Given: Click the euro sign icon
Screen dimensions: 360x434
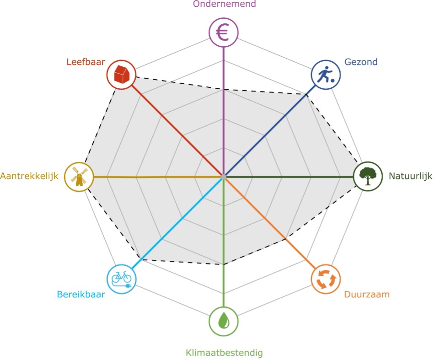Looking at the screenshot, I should coord(223,33).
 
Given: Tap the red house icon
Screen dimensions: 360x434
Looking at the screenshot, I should coord(121,74).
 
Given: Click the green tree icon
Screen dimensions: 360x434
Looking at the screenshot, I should coord(368,176).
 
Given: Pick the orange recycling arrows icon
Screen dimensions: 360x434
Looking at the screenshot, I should coord(326,279).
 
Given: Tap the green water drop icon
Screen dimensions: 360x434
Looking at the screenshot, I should coord(223,320).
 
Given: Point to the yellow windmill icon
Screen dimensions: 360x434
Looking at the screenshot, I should coord(79,177).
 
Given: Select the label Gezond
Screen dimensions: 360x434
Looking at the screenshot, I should coord(361,62).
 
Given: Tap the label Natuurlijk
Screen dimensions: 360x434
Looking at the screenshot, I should coord(410,176).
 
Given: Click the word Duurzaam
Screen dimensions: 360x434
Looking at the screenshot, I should coord(367,294).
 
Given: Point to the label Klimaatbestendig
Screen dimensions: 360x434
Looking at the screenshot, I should coord(224,353).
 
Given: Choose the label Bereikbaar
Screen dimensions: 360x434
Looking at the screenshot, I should coord(81,295).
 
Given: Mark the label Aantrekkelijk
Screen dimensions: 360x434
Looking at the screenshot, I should coord(30,176).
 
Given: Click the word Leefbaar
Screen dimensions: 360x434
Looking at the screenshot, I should coord(86,61).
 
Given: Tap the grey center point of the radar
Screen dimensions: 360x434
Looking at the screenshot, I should coord(223,177).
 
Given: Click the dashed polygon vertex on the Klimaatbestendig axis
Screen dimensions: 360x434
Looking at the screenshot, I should coord(223,264).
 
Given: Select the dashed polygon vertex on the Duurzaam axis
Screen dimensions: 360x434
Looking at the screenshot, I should coord(285,239).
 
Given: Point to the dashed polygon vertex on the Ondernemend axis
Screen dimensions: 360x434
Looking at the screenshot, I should coord(223,90).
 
